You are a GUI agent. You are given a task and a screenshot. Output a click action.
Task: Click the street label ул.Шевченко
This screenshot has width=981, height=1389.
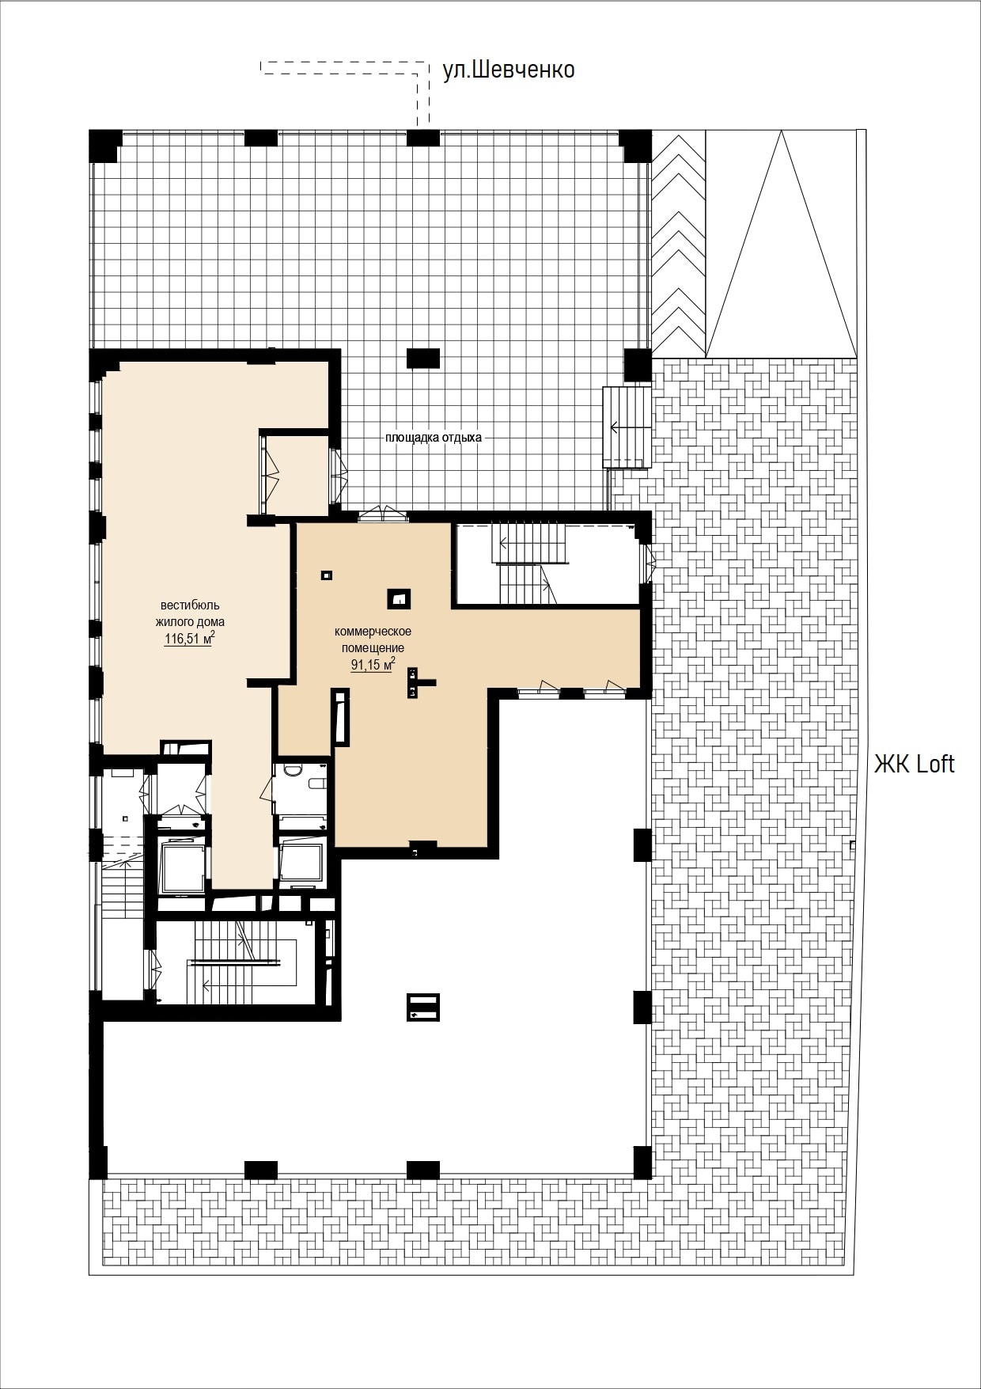click(508, 70)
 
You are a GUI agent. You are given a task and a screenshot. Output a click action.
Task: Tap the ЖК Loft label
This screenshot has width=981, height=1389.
click(914, 764)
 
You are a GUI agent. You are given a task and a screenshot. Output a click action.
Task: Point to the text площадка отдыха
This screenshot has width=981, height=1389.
click(433, 437)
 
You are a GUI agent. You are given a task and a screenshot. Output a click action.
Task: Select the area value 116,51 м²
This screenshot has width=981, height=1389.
click(189, 638)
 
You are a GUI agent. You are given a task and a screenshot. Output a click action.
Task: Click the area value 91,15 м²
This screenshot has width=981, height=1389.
click(373, 663)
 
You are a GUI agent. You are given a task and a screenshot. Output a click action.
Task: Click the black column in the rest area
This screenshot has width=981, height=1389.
click(422, 359)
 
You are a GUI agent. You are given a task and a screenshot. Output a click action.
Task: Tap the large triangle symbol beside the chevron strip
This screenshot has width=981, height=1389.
click(781, 244)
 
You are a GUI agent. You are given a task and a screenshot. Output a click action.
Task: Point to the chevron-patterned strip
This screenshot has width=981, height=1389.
click(677, 244)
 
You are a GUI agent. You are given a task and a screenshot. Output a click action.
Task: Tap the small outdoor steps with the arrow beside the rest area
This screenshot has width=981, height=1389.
click(627, 427)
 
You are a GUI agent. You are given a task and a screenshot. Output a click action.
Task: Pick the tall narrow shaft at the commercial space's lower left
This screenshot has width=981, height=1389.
click(340, 717)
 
